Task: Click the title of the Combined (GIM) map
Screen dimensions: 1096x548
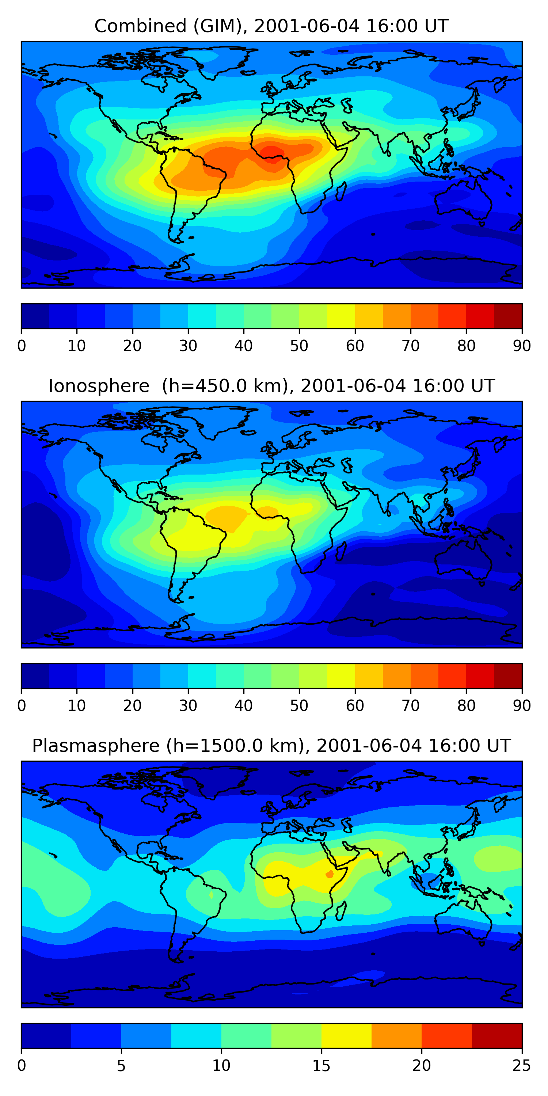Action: click(x=271, y=26)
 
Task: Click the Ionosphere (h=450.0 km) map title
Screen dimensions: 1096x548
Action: click(x=271, y=386)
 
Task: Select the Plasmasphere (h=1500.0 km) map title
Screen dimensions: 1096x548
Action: click(x=271, y=746)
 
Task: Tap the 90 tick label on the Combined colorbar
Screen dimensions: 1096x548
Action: click(x=522, y=346)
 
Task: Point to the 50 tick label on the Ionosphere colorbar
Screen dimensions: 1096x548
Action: click(x=299, y=706)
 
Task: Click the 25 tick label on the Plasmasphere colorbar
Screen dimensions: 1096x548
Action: click(x=522, y=1066)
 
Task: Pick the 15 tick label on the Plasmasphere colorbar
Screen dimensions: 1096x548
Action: click(x=321, y=1066)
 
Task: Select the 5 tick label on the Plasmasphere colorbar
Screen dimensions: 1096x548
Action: click(x=121, y=1066)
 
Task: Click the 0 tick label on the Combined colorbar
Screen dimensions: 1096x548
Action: click(x=22, y=346)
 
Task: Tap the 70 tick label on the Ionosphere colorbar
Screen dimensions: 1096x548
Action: click(x=411, y=706)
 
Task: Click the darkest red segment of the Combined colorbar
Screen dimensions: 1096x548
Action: click(x=508, y=316)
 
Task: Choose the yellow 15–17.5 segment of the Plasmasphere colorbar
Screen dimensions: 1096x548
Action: click(x=346, y=1036)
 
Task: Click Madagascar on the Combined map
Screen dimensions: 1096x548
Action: click(x=341, y=191)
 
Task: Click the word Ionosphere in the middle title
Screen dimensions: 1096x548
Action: click(x=99, y=386)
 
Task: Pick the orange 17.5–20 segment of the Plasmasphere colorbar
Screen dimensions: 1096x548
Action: click(x=396, y=1036)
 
